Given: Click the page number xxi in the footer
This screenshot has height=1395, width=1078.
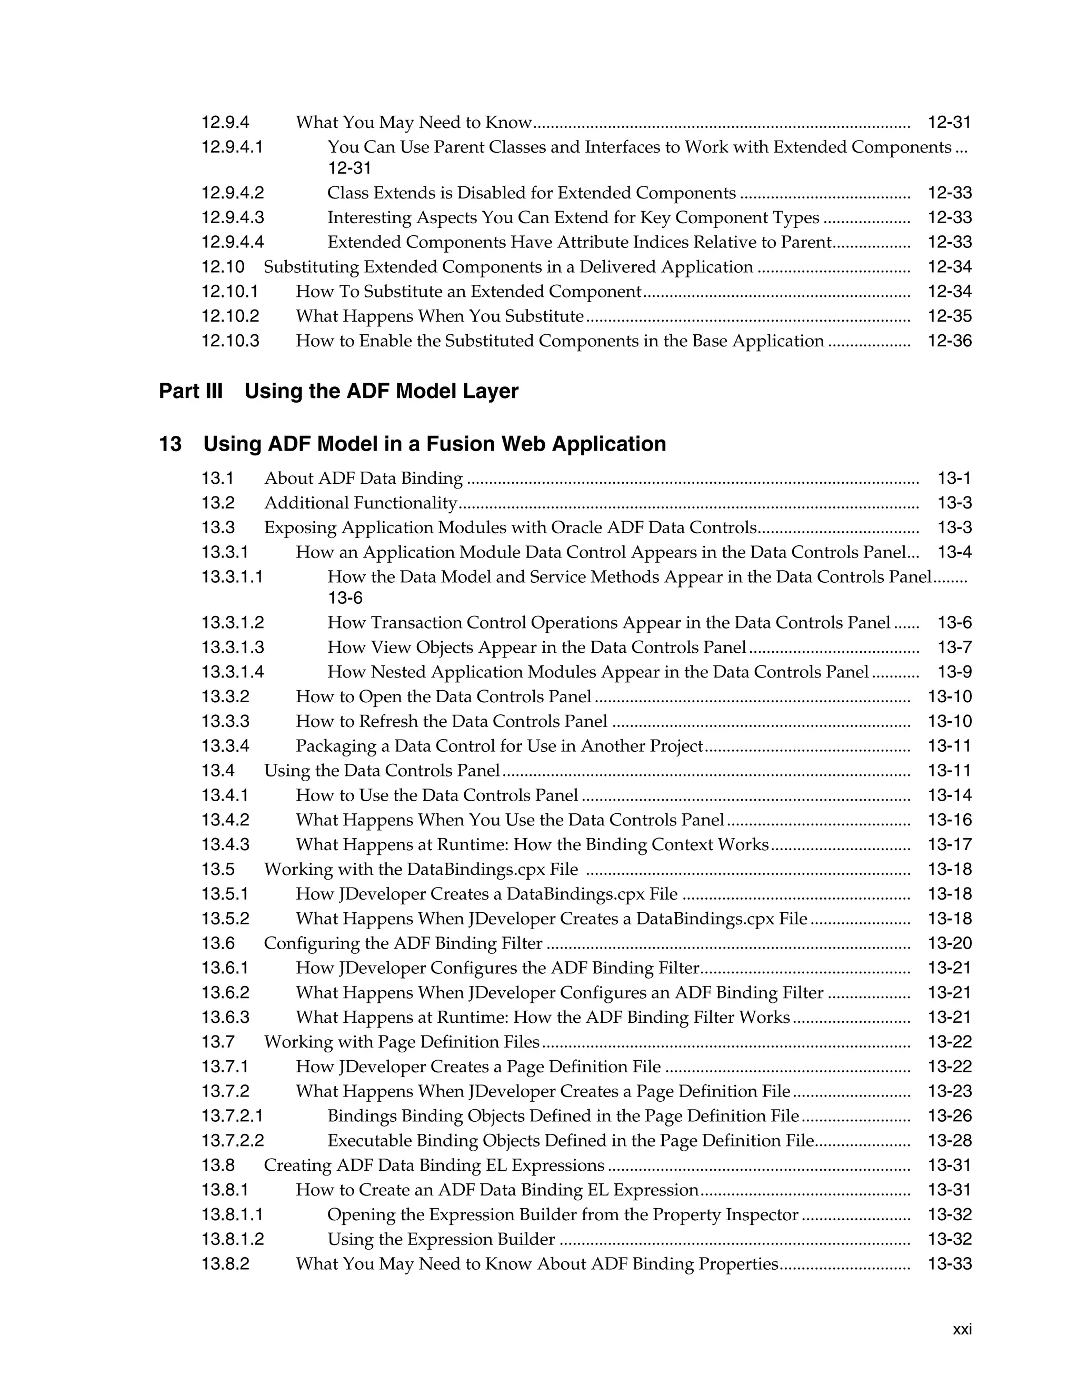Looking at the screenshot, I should [962, 1330].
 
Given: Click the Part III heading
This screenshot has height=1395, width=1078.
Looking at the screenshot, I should [338, 391].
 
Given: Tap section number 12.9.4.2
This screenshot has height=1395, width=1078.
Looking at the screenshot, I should [233, 193].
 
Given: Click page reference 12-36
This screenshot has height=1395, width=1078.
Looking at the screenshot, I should [949, 341].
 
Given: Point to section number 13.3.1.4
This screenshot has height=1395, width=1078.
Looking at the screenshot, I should [233, 672].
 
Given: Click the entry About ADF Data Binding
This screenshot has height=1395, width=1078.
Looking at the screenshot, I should [363, 479].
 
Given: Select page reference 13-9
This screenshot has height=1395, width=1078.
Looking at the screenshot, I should [954, 672].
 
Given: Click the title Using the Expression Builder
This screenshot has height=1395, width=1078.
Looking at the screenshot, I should [441, 1239].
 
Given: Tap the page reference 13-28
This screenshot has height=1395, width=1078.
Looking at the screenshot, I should [949, 1141].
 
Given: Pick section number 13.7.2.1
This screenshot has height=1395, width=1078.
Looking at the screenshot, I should [233, 1116].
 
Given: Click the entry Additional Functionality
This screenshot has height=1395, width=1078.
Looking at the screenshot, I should [361, 503].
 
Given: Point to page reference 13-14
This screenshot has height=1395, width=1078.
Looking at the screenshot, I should [949, 795].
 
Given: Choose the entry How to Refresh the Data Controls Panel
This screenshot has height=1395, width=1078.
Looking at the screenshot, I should [452, 722].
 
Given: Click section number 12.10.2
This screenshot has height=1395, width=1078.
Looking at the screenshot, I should [231, 316].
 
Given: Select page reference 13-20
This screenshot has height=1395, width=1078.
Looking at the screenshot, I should [949, 943].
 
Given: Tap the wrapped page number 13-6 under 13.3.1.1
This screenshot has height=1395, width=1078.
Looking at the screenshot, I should [345, 598].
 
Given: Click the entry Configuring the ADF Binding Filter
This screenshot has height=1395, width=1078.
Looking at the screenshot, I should [403, 943].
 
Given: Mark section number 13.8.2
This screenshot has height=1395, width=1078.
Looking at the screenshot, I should [225, 1264].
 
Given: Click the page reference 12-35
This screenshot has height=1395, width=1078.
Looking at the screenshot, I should [949, 316].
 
